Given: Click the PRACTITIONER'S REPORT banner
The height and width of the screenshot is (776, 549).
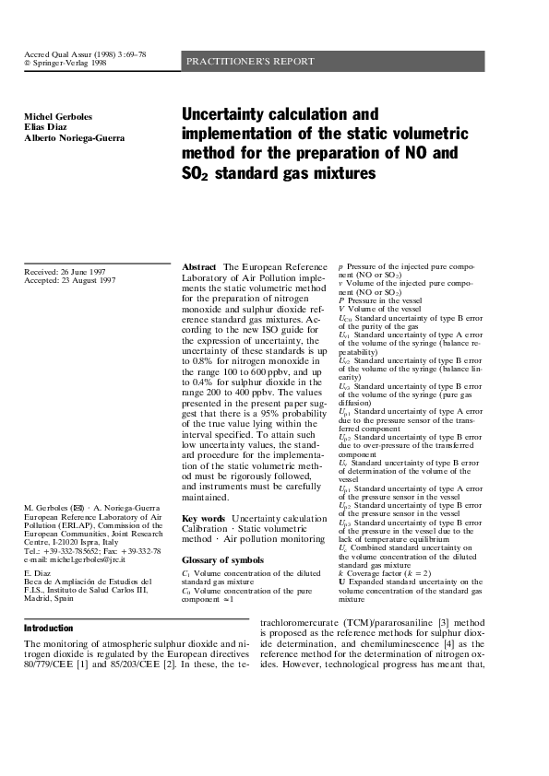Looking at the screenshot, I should pyautogui.click(x=251, y=62).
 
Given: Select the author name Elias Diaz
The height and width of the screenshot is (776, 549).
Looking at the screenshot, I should pyautogui.click(x=49, y=127).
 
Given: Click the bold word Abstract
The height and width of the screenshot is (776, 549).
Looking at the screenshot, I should pyautogui.click(x=199, y=265).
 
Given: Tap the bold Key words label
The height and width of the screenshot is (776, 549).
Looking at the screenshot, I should pyautogui.click(x=204, y=519).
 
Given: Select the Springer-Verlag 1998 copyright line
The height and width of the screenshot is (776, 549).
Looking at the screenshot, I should pyautogui.click(x=65, y=65).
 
